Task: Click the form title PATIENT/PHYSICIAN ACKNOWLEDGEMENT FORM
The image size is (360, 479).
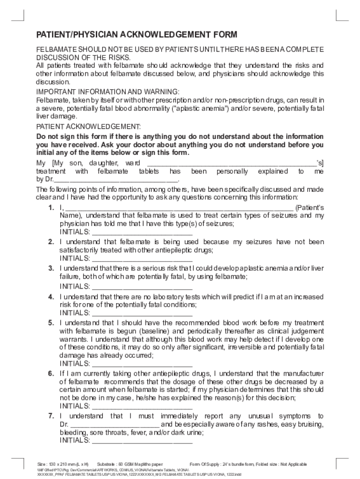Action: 137,35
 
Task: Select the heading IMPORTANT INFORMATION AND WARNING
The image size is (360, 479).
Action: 108,91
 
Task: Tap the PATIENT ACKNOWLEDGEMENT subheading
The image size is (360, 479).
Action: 88,127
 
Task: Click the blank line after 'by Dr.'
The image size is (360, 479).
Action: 116,180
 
